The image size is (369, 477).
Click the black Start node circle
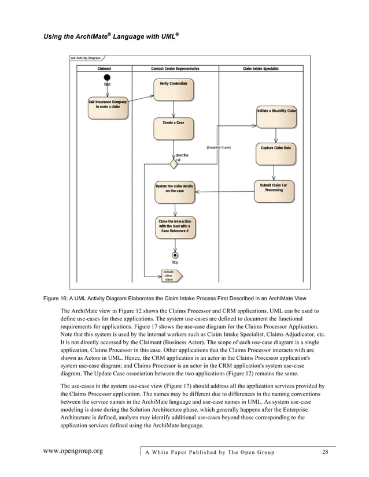point(107,77)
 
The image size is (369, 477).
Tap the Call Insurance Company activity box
point(108,107)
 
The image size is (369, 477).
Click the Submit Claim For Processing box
point(274,192)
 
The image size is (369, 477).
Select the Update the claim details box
point(175,192)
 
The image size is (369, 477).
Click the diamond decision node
point(173,164)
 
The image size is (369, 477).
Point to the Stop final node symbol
point(175,255)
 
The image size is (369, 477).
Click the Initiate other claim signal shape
point(171,275)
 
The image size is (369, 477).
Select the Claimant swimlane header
point(105,68)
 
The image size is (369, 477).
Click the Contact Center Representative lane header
point(175,68)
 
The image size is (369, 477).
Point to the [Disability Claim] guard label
point(218,148)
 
